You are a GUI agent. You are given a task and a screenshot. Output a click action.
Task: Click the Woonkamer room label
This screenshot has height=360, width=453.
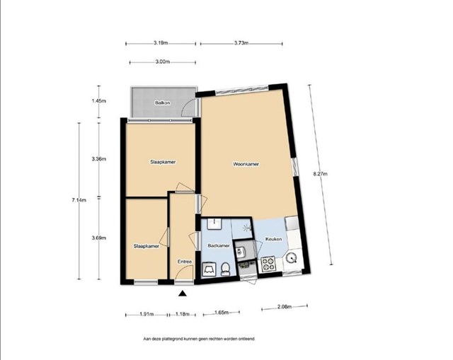pos(246,164)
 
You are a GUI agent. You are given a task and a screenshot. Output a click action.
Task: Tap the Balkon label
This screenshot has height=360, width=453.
pos(162,103)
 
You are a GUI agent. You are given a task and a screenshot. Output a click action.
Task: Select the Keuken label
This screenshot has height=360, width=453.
pos(273,239)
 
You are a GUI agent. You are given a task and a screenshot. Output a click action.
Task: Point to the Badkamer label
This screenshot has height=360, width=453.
pos(219,245)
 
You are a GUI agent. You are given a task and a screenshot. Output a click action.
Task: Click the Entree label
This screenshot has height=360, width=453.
pos(185,262)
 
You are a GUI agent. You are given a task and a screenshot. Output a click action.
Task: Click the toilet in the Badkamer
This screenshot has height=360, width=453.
pos(225,269)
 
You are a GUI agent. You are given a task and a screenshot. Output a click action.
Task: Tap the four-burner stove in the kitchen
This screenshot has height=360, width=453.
pos(268,264)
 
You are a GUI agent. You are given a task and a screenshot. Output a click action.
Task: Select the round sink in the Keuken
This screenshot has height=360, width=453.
pos(291,258)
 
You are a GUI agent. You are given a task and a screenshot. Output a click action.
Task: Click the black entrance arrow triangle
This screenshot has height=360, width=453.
pos(182,294)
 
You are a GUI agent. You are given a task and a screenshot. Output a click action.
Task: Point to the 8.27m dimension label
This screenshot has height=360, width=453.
pos(320,174)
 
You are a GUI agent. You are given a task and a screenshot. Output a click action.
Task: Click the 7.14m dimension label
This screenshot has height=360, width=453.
pos(79,199)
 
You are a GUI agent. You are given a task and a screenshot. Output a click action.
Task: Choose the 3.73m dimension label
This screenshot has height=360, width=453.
pos(241,43)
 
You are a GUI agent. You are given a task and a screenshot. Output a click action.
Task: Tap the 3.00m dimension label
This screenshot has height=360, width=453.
pos(162,62)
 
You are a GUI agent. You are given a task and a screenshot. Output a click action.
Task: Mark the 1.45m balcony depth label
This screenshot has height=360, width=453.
pos(99,100)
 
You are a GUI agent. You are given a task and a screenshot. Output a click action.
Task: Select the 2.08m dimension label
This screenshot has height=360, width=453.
pos(285,307)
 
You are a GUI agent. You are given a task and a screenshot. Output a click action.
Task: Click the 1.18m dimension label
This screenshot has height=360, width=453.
pos(183,314)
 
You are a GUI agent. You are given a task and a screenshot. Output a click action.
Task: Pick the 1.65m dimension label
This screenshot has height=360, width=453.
pos(222,313)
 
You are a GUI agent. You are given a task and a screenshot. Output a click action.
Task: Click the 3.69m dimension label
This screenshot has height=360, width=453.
pos(99,238)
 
